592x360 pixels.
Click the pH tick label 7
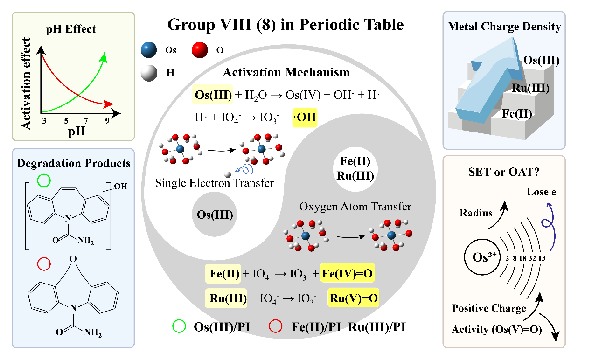85,120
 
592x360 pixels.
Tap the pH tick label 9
107,120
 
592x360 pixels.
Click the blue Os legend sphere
150,50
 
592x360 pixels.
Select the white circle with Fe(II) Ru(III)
355,169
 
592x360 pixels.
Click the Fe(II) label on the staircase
518,113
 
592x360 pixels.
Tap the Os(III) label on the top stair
541,60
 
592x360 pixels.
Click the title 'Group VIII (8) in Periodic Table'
286,24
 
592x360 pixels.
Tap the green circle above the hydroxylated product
43,180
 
